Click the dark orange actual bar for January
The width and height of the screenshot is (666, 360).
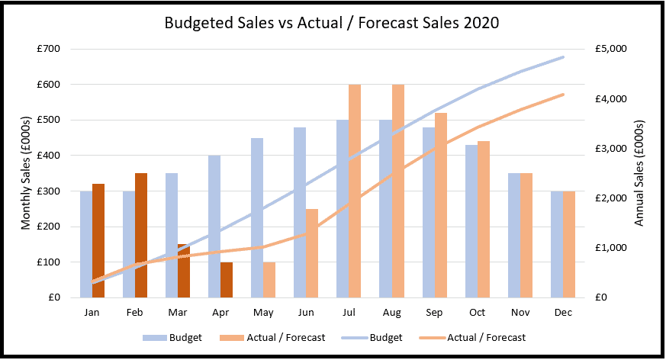pos(98,241)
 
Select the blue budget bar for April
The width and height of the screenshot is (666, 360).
pos(214,227)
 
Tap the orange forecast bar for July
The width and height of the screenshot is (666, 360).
pos(355,191)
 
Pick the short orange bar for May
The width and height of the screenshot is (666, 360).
pos(269,280)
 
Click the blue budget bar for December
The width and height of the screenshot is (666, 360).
pos(557,244)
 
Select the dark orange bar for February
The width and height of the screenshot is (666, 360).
pos(141,235)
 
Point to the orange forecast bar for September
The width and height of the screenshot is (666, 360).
pos(441,205)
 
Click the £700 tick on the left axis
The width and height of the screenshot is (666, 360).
pos(48,49)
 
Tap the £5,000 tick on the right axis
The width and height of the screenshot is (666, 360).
pos(611,49)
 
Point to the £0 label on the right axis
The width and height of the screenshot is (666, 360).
pos(601,297)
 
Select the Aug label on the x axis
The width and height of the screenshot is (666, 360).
pos(391,313)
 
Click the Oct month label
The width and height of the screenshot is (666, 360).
pos(477,313)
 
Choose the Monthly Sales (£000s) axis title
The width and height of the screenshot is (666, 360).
pos(26,173)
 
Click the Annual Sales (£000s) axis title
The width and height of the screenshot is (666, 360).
pos(639,173)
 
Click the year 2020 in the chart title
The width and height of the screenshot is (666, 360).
pos(481,23)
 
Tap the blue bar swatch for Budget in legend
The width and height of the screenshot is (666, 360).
pos(155,338)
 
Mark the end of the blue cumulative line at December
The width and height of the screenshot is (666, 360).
pos(563,57)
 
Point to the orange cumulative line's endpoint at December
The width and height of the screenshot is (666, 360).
pos(563,95)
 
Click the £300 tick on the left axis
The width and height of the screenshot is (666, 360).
pos(48,191)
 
